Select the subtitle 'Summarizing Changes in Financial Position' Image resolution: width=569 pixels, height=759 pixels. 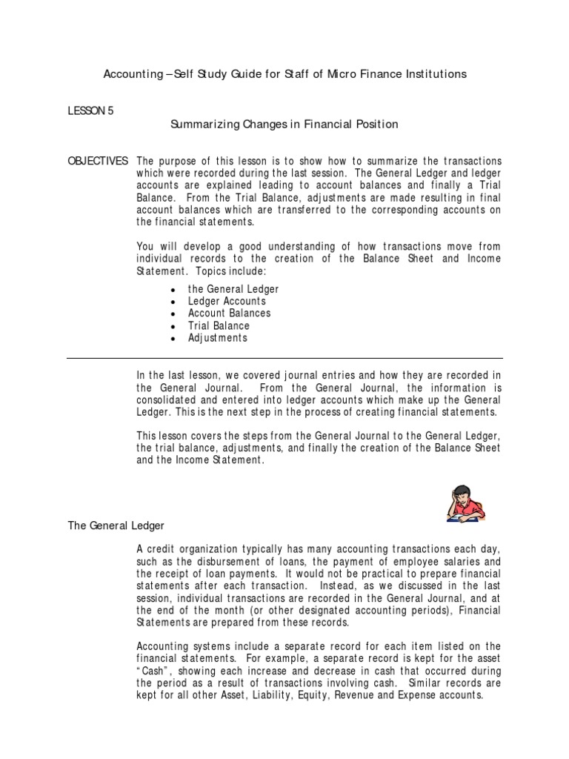(284, 125)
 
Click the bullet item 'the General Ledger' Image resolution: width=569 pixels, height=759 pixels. (233, 289)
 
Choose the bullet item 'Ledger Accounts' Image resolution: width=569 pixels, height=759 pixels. (227, 302)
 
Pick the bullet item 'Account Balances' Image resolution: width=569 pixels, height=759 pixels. (229, 314)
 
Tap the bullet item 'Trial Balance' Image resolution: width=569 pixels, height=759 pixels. (219, 325)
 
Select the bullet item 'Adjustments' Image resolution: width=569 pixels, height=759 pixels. (217, 338)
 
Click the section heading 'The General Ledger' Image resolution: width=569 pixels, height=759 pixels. (116, 526)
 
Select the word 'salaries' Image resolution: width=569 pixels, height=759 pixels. (464, 562)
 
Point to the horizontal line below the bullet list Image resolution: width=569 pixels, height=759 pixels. (284, 357)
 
